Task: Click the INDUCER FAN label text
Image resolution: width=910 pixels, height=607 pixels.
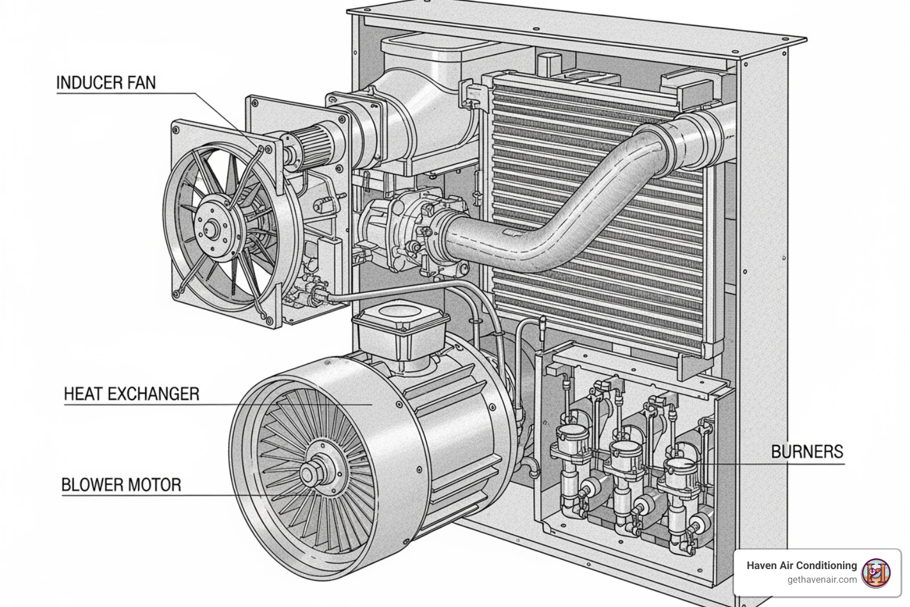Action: [106, 82]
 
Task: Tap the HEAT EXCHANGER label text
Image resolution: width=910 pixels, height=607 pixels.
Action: [131, 394]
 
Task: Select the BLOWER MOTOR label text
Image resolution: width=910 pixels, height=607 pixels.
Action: [121, 485]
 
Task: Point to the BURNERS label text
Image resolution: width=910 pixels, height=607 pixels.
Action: [807, 452]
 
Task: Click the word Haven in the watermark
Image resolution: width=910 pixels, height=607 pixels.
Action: [761, 566]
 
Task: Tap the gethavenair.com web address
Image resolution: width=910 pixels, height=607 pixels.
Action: [822, 580]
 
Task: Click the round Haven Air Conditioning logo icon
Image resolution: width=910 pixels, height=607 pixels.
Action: [876, 573]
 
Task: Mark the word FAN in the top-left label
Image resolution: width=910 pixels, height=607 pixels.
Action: [141, 82]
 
